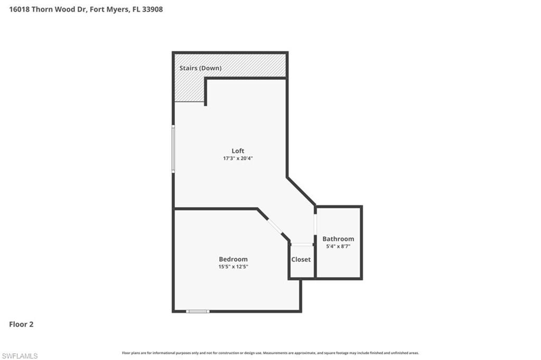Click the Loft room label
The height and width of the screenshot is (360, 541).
[238, 151]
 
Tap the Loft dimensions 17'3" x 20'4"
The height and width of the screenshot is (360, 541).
[238, 158]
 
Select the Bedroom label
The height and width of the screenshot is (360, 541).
[233, 259]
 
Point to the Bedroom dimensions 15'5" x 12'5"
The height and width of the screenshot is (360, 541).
[233, 266]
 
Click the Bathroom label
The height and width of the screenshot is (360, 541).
[338, 239]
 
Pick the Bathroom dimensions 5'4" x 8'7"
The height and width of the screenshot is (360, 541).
[338, 246]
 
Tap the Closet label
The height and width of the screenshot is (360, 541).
[301, 260]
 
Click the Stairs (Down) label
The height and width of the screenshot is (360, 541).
[200, 68]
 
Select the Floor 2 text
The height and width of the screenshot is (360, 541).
[21, 325]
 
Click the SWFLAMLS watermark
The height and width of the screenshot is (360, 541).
[20, 356]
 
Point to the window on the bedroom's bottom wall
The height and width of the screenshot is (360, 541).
[198, 311]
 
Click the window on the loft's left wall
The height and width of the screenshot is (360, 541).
[173, 149]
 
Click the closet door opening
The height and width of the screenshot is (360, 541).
[302, 244]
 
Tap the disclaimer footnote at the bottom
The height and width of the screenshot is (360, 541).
[270, 353]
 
